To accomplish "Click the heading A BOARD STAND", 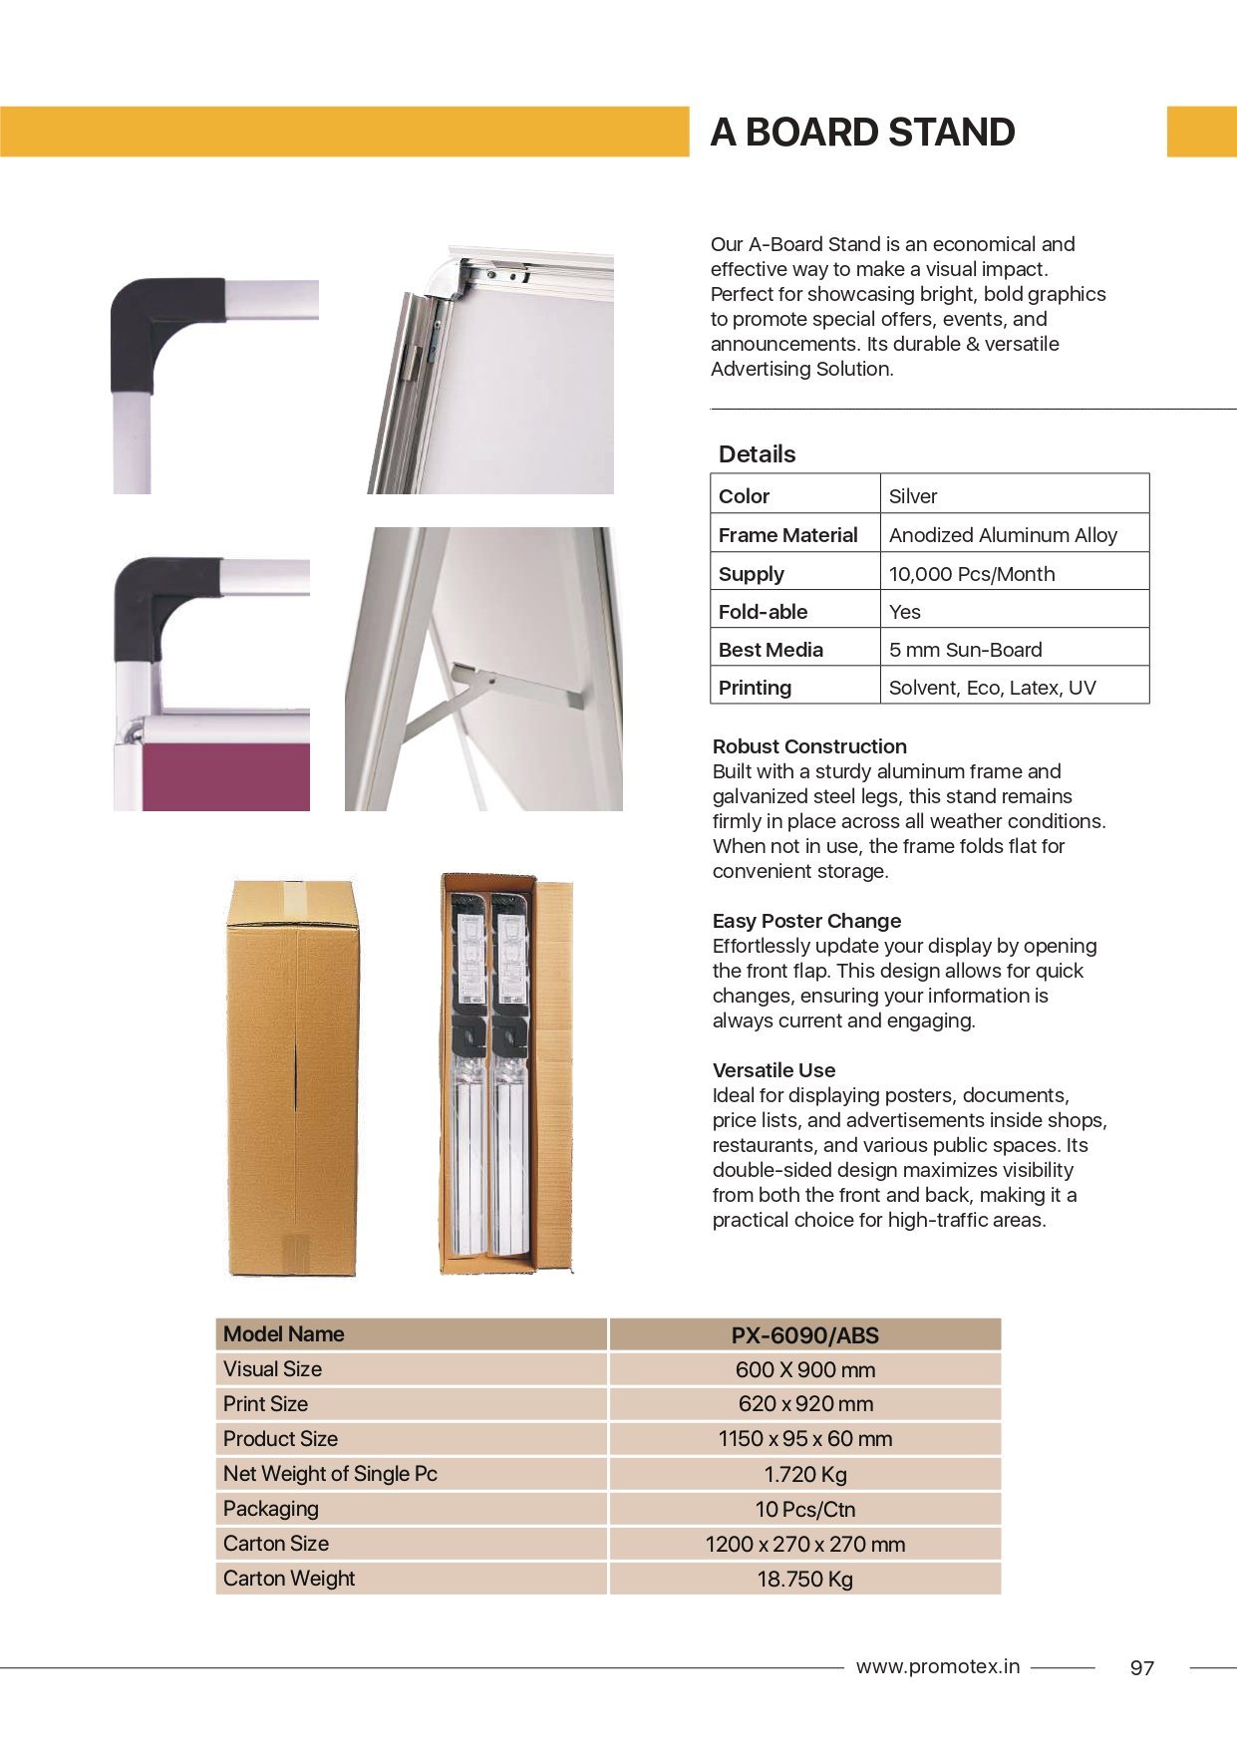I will tap(862, 133).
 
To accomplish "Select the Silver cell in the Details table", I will tap(913, 496).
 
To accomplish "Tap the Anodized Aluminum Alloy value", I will tap(1003, 535).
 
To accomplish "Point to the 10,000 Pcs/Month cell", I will tap(971, 574).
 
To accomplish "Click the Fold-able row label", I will tap(763, 612).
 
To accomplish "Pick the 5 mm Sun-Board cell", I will tap(965, 650).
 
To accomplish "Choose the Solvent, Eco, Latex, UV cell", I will tap(992, 688).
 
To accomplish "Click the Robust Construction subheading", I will tap(809, 746).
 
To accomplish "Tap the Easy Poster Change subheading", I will tap(806, 921).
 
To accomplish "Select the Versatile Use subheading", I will tap(773, 1070).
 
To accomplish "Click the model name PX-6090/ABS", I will tap(804, 1335).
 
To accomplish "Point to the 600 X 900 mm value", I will tap(804, 1370).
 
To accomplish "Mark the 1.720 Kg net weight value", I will tap(804, 1474).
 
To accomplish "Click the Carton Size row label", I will tap(276, 1544).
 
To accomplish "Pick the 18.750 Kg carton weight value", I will tap(804, 1579).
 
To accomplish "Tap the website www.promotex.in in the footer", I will tap(937, 1666).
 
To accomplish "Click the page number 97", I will tap(1141, 1668).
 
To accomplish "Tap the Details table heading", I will tap(757, 454).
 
